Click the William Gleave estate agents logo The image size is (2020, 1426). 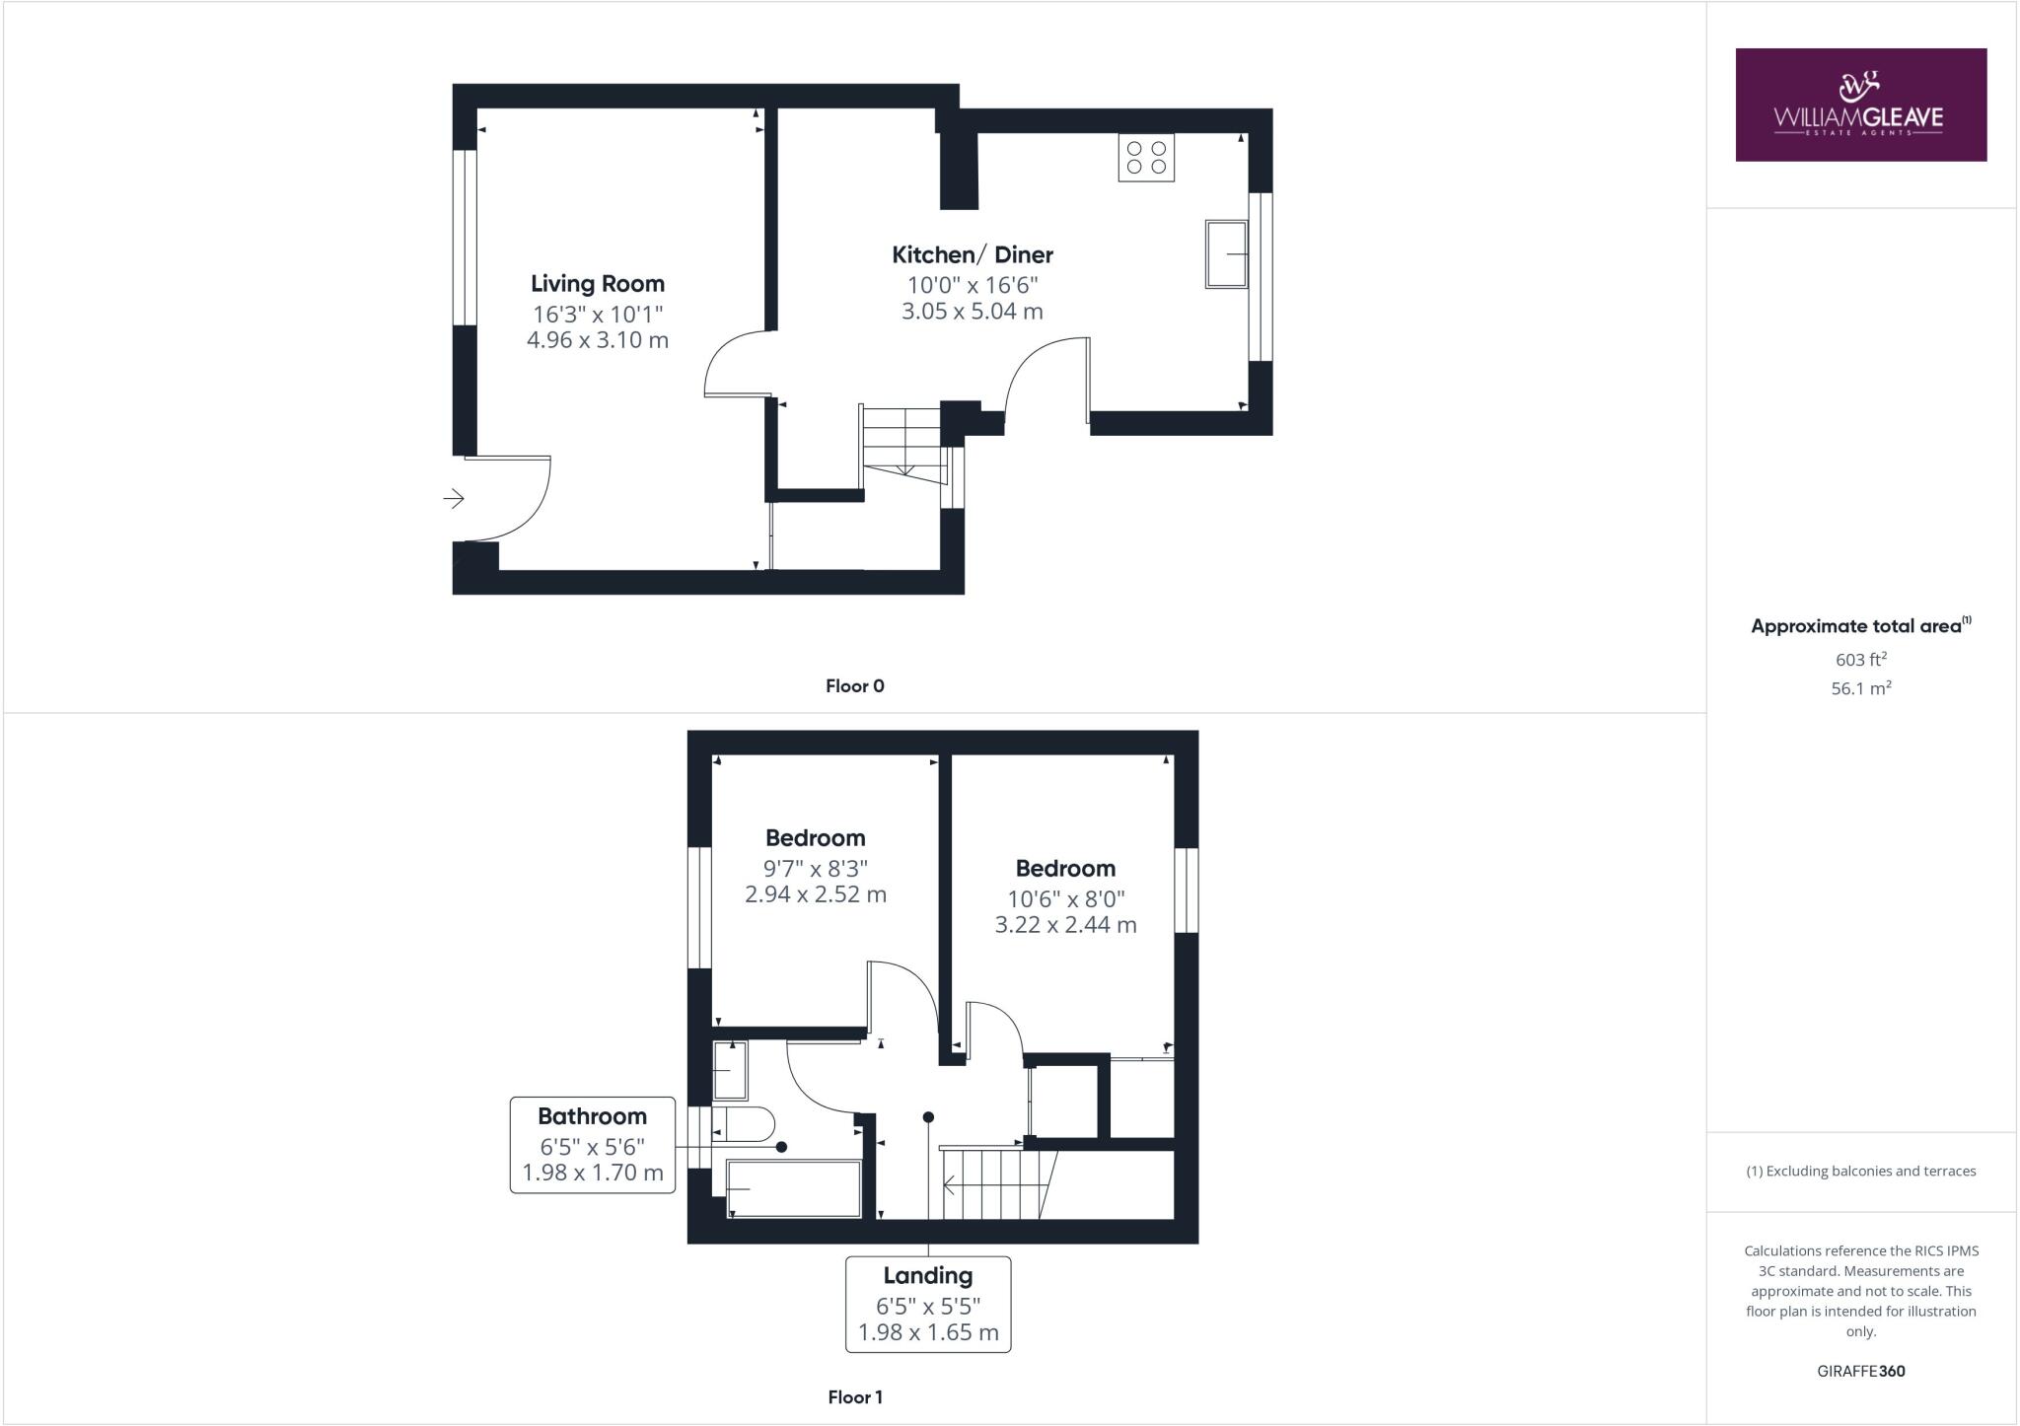(x=1860, y=105)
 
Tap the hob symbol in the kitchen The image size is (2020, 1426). (x=1146, y=158)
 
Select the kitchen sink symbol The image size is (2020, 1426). (x=1226, y=254)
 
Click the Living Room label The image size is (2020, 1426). (x=598, y=284)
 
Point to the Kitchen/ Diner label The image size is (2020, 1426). (x=973, y=254)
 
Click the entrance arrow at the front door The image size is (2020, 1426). (x=454, y=499)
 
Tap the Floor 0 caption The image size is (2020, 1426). (x=855, y=686)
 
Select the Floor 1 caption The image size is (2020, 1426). (x=855, y=1397)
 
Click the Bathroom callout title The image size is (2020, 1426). (x=592, y=1116)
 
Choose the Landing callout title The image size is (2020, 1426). (x=928, y=1275)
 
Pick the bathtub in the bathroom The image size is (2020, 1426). (x=794, y=1188)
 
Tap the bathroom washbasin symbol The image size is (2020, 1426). (x=730, y=1070)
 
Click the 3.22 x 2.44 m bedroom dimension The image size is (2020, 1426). (x=1065, y=925)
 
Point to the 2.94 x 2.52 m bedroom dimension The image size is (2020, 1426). (x=816, y=894)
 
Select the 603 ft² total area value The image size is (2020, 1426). (x=1860, y=660)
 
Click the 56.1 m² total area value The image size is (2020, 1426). (x=1860, y=688)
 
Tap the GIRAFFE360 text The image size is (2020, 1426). (x=1860, y=1371)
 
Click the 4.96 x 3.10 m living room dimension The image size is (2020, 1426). (x=598, y=340)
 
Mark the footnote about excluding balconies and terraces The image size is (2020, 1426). (x=1860, y=1172)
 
